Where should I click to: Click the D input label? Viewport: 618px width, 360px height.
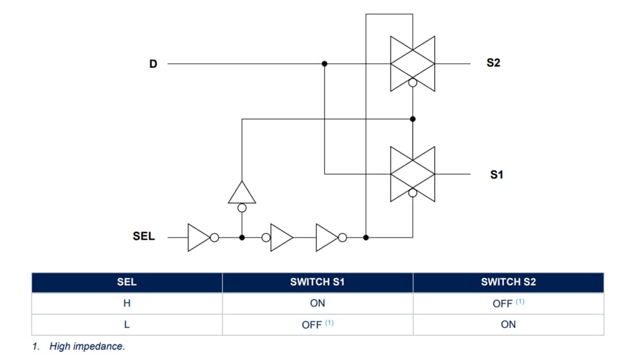154,64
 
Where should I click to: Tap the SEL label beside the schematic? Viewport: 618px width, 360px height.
144,236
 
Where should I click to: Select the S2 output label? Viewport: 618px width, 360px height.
494,63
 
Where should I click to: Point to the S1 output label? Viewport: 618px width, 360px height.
496,174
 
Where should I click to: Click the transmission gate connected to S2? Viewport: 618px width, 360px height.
412,63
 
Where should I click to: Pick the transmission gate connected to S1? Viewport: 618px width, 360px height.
412,174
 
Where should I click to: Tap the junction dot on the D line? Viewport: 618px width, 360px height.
325,64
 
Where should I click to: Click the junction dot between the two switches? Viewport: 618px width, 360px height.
413,118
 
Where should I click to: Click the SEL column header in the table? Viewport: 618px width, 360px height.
126,282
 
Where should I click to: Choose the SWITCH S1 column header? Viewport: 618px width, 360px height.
317,282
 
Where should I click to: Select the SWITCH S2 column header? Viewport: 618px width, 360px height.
508,282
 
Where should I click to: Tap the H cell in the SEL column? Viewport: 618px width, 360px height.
126,303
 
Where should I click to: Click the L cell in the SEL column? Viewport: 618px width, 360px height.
126,324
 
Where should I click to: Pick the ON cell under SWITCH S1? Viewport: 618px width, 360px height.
317,303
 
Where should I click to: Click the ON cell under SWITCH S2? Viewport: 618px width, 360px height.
508,324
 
